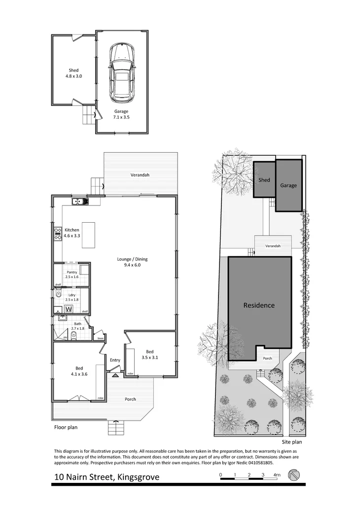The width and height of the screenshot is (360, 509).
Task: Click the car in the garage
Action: pos(121,73)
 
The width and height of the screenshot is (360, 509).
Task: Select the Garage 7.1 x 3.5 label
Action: pos(121,114)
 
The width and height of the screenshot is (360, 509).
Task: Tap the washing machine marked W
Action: pos(69,309)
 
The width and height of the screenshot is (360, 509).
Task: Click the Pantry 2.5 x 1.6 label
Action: pos(72,274)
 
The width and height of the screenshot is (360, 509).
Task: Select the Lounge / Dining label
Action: pos(132,262)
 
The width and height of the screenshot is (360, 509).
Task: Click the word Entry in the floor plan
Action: pos(115,360)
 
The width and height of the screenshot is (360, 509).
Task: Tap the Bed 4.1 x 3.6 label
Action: pos(79,371)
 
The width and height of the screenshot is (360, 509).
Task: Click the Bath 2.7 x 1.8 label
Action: pos(78,326)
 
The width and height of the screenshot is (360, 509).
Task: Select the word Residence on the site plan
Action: pos(259,305)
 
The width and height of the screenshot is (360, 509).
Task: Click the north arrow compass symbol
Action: pos(294,474)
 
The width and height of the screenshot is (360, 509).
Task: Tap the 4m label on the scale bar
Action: pos(277,475)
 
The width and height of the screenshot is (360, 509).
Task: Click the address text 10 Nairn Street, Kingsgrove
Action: pos(107,477)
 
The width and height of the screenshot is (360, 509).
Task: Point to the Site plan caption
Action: pos(292,442)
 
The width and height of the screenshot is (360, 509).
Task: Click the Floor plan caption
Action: pos(66,428)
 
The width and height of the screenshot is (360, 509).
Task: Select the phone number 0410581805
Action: pos(256,463)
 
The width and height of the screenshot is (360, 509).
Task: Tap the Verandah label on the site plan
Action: pos(273,245)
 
